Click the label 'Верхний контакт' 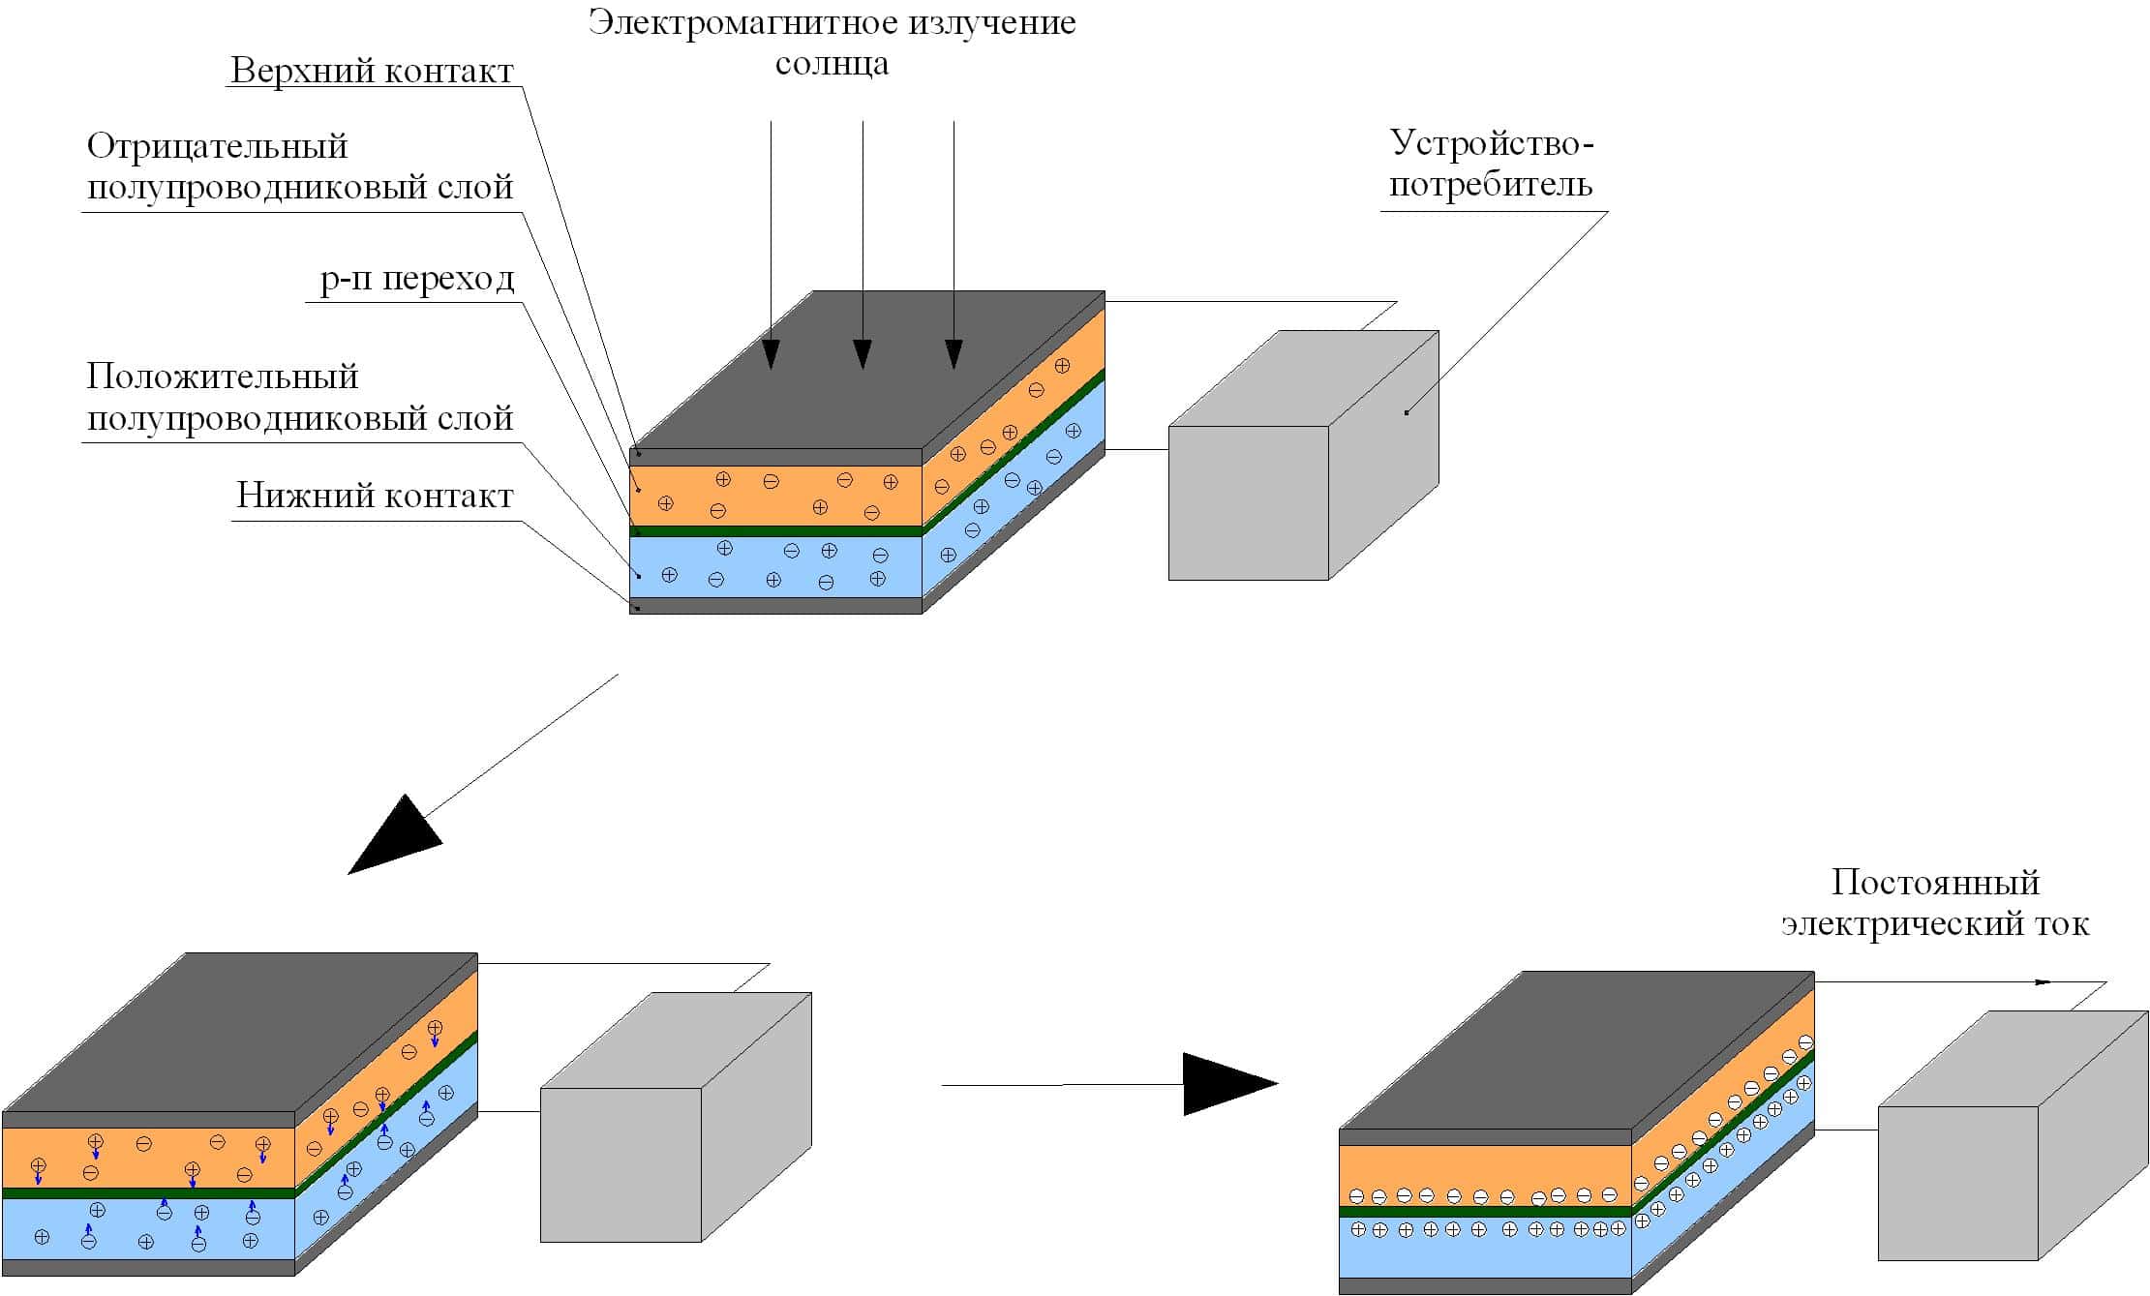pos(372,71)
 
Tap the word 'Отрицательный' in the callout pos(217,146)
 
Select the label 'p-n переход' pos(417,279)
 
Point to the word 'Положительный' pos(223,376)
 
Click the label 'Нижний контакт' pos(375,496)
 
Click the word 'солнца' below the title pos(832,64)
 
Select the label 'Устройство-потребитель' pos(1491,164)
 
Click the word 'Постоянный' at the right pos(1935,882)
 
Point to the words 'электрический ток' pos(1935,923)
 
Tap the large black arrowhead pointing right pos(1225,1084)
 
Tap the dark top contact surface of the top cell pos(866,373)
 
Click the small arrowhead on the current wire pos(2042,982)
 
